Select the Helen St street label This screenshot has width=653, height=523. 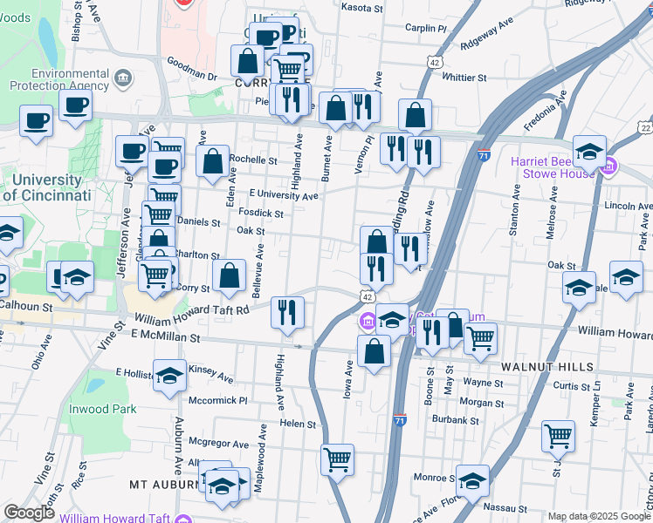(x=298, y=424)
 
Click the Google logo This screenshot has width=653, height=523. (x=30, y=513)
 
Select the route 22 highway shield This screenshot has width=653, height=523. (x=644, y=128)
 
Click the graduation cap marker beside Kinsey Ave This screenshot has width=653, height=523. (x=170, y=375)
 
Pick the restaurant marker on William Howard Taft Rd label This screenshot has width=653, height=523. (x=288, y=311)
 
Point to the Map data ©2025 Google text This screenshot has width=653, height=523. (x=598, y=516)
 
